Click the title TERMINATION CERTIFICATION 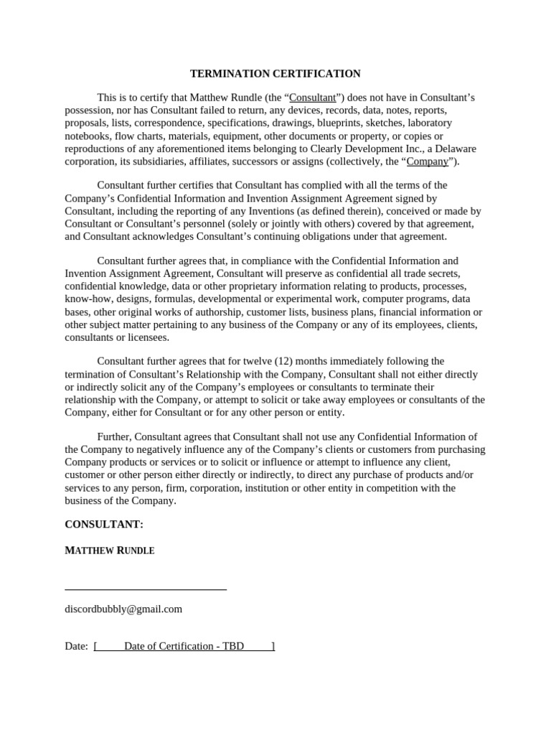pyautogui.click(x=275, y=74)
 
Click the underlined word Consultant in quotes pyautogui.click(x=312, y=97)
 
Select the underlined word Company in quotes pyautogui.click(x=427, y=161)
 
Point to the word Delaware pyautogui.click(x=453, y=149)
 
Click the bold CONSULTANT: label pyautogui.click(x=104, y=525)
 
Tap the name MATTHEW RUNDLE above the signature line pyautogui.click(x=110, y=551)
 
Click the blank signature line pyautogui.click(x=146, y=589)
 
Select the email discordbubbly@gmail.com pyautogui.click(x=123, y=609)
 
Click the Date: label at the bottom pyautogui.click(x=76, y=646)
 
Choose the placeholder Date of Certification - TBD pyautogui.click(x=184, y=646)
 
